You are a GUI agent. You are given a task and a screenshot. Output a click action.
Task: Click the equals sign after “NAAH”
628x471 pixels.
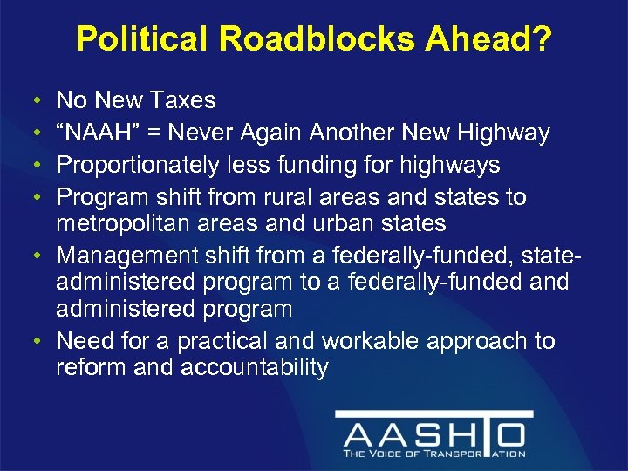click(x=158, y=133)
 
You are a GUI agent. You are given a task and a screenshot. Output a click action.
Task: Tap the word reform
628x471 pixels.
click(x=90, y=367)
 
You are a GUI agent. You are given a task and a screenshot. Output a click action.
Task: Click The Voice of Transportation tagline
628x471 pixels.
click(x=433, y=454)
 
